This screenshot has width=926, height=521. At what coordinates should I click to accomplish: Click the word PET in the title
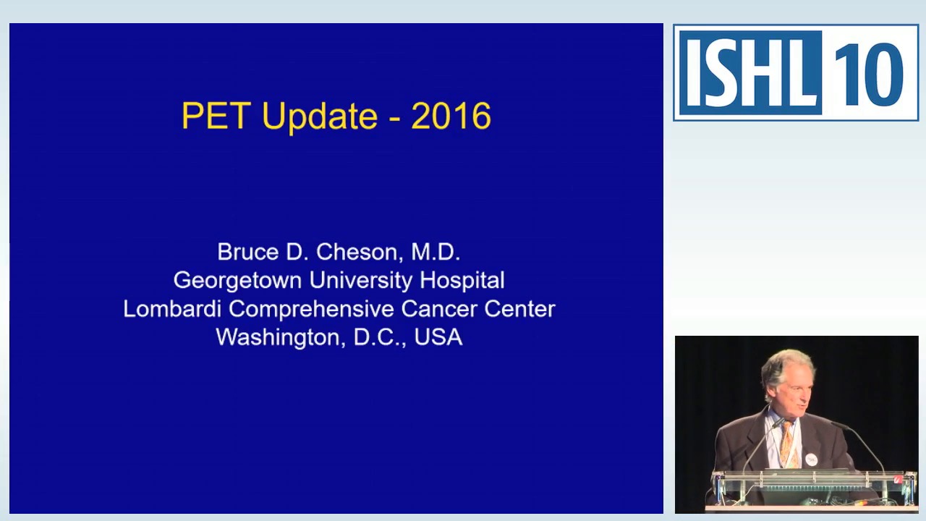pyautogui.click(x=216, y=115)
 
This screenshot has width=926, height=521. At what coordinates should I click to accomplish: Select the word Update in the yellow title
pyautogui.click(x=320, y=117)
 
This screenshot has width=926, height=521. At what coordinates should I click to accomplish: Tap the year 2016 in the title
pyautogui.click(x=451, y=116)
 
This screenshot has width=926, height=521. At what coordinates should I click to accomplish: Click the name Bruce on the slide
pyautogui.click(x=248, y=252)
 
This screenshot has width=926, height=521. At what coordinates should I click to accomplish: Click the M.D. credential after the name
pyautogui.click(x=436, y=252)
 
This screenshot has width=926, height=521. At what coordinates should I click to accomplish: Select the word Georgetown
pyautogui.click(x=238, y=281)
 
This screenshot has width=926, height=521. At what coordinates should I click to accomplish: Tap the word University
pyautogui.click(x=360, y=281)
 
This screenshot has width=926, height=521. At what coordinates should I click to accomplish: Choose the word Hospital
pyautogui.click(x=462, y=281)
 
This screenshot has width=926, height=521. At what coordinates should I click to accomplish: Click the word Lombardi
pyautogui.click(x=172, y=309)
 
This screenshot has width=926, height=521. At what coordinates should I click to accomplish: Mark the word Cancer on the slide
pyautogui.click(x=438, y=309)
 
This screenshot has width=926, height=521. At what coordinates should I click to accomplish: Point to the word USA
pyautogui.click(x=438, y=337)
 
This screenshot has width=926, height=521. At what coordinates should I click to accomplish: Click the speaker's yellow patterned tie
pyautogui.click(x=788, y=444)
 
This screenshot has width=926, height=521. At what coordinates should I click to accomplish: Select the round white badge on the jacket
pyautogui.click(x=811, y=459)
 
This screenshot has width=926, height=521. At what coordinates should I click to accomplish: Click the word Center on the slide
pyautogui.click(x=519, y=309)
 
